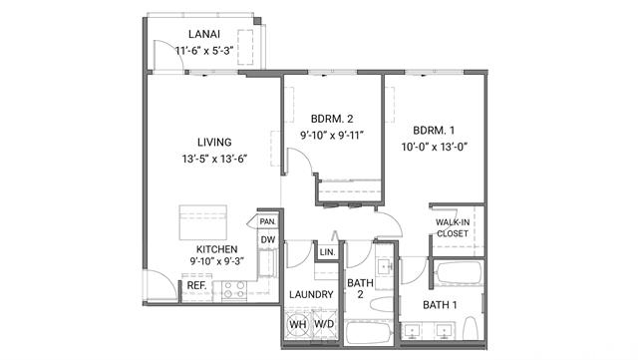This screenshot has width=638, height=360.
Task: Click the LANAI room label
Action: coord(204,34)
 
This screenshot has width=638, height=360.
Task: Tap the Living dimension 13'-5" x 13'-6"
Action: coord(214,159)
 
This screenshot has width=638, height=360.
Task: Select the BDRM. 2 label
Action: coord(332,119)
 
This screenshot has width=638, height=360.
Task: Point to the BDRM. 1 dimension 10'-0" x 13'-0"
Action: coord(434,147)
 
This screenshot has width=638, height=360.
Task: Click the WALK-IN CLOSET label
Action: coord(453,228)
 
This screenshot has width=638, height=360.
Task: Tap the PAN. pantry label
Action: coord(268,222)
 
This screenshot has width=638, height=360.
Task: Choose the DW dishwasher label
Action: coord(268,240)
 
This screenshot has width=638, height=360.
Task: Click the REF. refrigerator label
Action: coord(196,286)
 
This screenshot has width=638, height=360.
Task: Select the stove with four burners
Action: coord(235,290)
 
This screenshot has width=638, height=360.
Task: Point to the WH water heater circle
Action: coord(297,324)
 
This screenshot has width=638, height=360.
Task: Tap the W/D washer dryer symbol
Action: coord(324,324)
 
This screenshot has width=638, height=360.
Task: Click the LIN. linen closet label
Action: coord(327,252)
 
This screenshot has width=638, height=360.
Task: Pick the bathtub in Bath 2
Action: coord(368,333)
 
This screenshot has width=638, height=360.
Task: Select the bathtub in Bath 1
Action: coord(459,273)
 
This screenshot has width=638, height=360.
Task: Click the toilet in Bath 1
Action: coord(471,328)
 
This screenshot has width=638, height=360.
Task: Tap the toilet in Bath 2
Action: coord(382,304)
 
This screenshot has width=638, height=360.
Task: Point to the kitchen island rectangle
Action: coord(203,222)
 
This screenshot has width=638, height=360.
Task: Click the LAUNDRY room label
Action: coord(311,294)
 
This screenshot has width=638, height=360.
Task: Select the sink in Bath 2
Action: coord(385,266)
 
